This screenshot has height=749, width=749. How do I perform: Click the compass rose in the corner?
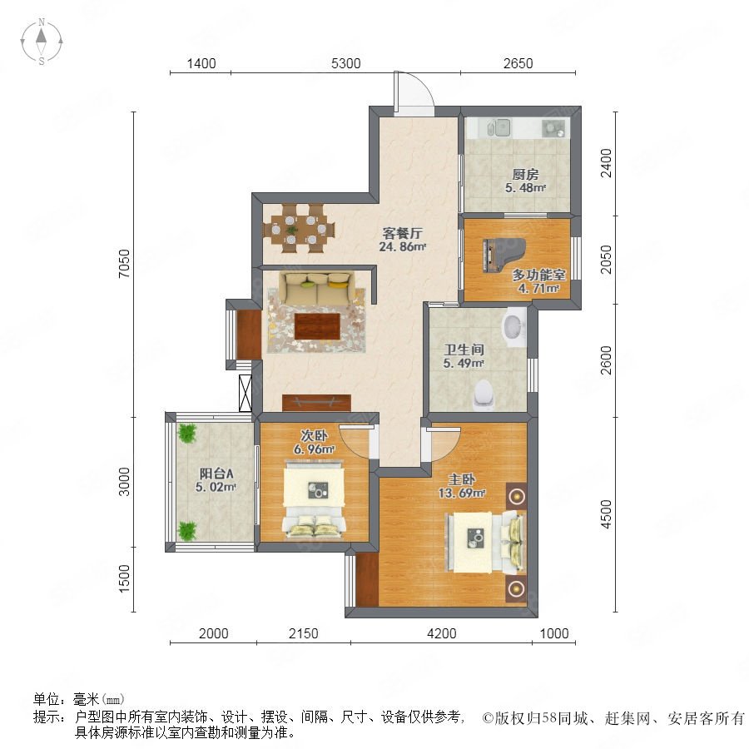[x=42, y=42]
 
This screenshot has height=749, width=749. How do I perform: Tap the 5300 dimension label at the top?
[x=346, y=63]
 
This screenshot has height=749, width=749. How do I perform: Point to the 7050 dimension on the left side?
[x=124, y=263]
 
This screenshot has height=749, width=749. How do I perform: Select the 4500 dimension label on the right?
[x=606, y=514]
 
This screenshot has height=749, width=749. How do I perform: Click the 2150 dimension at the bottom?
[x=303, y=633]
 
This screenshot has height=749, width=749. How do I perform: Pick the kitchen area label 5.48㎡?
[x=525, y=188]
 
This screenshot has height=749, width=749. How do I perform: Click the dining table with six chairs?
[x=298, y=228]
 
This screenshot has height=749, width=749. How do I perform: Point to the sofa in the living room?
[x=319, y=288]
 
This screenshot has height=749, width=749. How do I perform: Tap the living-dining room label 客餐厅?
[x=402, y=233]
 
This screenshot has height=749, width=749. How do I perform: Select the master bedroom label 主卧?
[x=462, y=479]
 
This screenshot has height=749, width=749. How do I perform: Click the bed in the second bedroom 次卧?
[x=314, y=499]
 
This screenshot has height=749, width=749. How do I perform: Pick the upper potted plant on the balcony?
[x=186, y=434]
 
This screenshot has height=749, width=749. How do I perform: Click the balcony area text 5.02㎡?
[x=216, y=487]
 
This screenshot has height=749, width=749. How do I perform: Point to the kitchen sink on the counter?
[x=499, y=127]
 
